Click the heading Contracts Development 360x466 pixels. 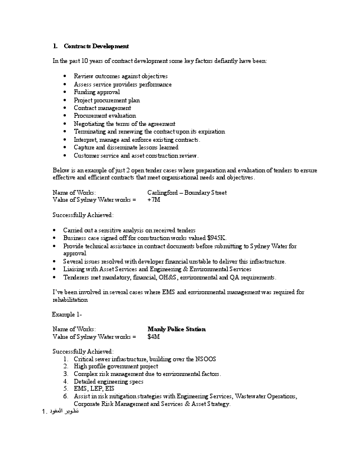(96, 46)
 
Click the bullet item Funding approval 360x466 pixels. (96, 92)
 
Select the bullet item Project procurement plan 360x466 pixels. (106, 101)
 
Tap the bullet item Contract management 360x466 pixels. (102, 108)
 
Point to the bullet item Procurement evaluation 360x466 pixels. (105, 116)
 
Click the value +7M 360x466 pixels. (154, 200)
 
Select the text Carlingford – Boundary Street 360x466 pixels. (186, 192)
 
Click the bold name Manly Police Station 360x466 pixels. (176, 329)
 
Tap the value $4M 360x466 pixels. (154, 337)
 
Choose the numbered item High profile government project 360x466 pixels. (116, 366)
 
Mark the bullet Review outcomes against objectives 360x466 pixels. (121, 76)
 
